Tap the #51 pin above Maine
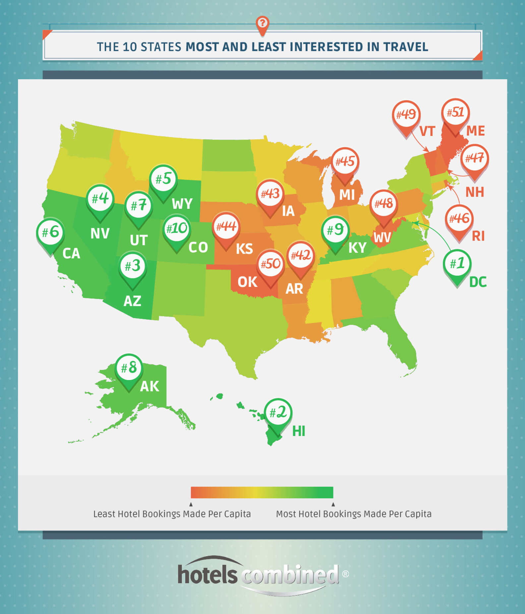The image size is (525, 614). pos(455,113)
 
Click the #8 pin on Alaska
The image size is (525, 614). pos(129,368)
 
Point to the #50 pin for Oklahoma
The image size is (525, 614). pos(270,265)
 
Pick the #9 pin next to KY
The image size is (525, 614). pos(335,230)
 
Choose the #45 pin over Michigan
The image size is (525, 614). pos(345,162)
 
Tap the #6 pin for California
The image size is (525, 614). pos(50,232)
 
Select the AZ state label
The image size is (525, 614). pos(132,301)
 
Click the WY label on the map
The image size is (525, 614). pos(182,204)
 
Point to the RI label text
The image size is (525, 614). pos(478,236)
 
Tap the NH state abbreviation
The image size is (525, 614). pos(475,192)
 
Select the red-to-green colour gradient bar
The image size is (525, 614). pos(262,492)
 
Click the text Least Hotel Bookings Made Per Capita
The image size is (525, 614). pos(172,514)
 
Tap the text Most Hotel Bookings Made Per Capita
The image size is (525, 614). pos(354,514)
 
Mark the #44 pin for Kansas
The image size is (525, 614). pos(226,227)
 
